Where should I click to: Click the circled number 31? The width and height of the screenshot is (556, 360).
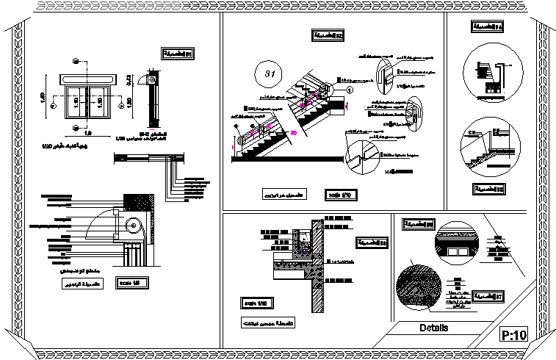269,73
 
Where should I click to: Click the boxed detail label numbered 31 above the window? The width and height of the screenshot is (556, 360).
177,54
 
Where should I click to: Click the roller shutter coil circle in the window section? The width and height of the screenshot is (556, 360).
132,226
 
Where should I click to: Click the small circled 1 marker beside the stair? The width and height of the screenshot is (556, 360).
350,89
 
